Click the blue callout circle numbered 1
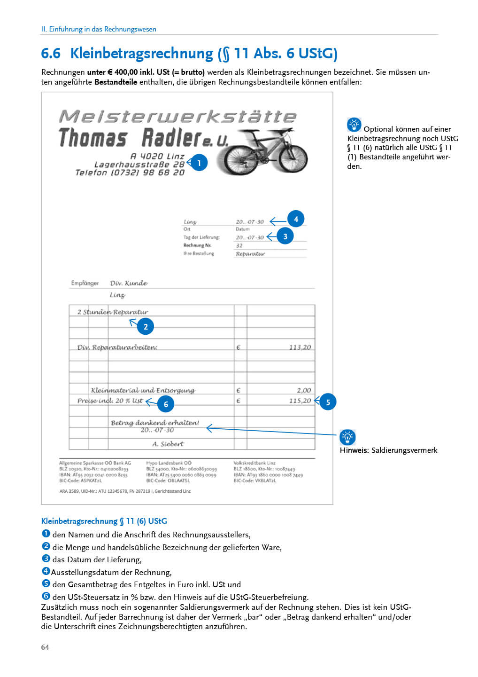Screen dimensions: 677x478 pyautogui.click(x=199, y=163)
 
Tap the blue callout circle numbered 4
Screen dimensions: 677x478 pyautogui.click(x=296, y=219)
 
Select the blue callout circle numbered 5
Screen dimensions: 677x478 pyautogui.click(x=328, y=402)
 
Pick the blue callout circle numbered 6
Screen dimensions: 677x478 pyautogui.click(x=166, y=404)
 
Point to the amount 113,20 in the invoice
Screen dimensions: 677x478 pyautogui.click(x=300, y=347)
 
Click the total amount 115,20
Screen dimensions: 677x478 pyautogui.click(x=300, y=401)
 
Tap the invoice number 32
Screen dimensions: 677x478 pyautogui.click(x=239, y=245)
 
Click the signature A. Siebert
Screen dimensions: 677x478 pyautogui.click(x=168, y=444)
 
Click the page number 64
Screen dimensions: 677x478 pyautogui.click(x=45, y=647)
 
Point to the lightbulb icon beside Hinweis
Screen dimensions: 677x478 pyautogui.click(x=347, y=437)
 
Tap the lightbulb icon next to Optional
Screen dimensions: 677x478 pyautogui.click(x=354, y=125)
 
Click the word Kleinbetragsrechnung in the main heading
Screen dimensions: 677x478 pyautogui.click(x=142, y=54)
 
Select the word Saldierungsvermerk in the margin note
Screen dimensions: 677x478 pyautogui.click(x=404, y=450)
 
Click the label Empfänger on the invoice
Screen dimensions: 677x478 pyautogui.click(x=85, y=283)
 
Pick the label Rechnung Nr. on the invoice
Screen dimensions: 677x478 pyautogui.click(x=197, y=245)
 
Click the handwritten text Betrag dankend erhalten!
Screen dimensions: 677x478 pyautogui.click(x=155, y=423)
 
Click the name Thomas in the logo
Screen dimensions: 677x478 pyautogui.click(x=93, y=138)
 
